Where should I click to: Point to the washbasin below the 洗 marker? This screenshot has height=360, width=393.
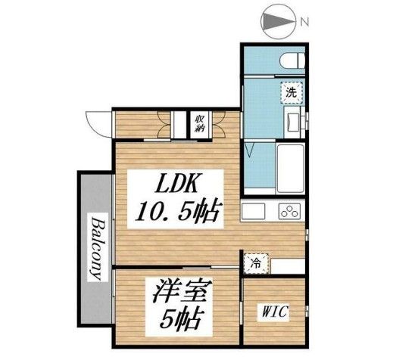click(292, 119)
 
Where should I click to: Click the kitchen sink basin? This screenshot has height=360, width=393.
click(255, 209)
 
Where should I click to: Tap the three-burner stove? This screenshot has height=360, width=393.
click(289, 209)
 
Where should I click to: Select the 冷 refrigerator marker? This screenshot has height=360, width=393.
click(256, 265)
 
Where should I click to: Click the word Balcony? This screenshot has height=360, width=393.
click(97, 247)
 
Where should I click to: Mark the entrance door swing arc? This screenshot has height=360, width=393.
click(98, 121)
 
